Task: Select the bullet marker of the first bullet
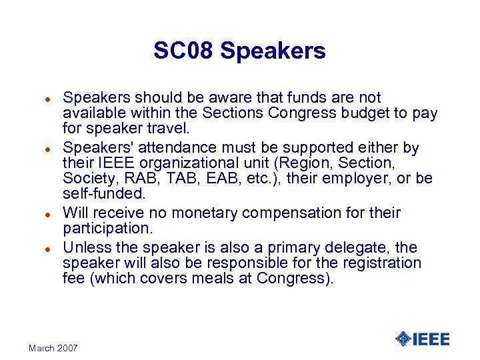point(48,98)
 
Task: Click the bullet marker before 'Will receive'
point(48,213)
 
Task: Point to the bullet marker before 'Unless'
point(48,247)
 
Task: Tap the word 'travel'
point(157,129)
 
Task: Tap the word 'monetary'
point(202,213)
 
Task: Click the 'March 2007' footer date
point(53,348)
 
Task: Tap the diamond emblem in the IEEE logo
point(403,339)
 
